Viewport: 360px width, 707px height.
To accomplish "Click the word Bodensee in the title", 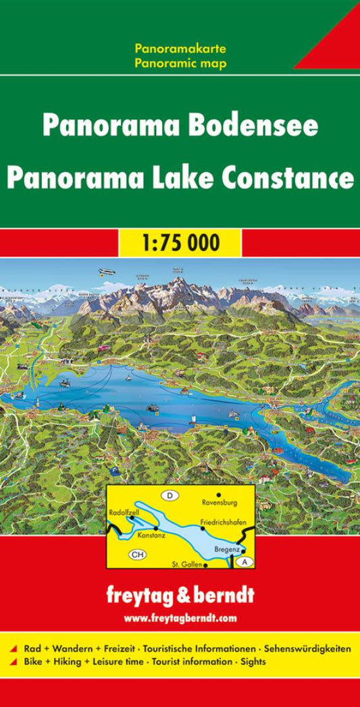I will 259,126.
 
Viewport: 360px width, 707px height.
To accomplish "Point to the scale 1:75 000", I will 180,242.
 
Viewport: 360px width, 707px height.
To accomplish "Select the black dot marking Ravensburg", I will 218,494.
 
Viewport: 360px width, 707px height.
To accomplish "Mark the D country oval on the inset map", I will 170,496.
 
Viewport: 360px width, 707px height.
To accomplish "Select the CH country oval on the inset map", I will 137,554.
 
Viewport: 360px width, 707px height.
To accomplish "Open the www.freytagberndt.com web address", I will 180,618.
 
